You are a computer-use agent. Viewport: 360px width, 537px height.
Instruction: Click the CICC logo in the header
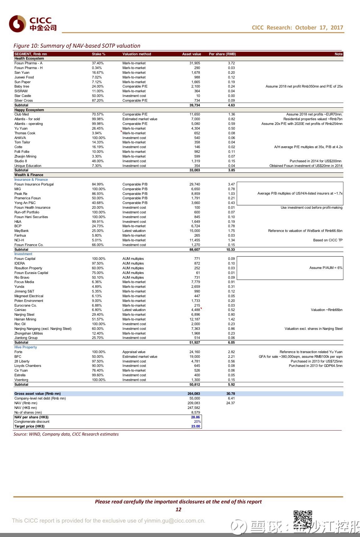tap(33, 24)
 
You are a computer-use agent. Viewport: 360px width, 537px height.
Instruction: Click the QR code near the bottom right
tap(303, 519)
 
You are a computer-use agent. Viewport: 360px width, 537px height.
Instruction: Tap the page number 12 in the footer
tap(178, 509)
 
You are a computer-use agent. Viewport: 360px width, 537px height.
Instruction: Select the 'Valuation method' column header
tap(137, 54)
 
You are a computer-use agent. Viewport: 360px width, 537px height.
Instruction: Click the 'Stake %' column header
tap(98, 54)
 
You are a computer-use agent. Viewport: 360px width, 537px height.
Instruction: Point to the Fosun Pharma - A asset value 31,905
tap(194, 63)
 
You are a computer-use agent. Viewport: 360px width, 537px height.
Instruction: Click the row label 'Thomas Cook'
tap(25, 133)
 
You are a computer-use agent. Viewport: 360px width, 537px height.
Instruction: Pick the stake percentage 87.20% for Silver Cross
tap(98, 100)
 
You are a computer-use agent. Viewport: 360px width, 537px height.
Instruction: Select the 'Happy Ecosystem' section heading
tap(29, 110)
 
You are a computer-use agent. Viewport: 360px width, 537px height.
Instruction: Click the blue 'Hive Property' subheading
tap(25, 347)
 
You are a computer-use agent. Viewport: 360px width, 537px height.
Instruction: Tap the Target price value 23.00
tap(195, 426)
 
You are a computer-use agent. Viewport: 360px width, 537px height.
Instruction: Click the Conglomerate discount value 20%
tap(197, 422)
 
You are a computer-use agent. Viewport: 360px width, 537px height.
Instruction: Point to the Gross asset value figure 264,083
tap(193, 394)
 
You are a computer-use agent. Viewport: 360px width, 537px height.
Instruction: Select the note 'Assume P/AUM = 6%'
tap(326, 268)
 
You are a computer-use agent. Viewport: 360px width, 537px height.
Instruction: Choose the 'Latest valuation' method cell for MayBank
tap(134, 231)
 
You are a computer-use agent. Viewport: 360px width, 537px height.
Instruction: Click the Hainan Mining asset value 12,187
tap(194, 319)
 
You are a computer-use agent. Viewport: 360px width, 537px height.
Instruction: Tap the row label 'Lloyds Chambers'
tap(28, 366)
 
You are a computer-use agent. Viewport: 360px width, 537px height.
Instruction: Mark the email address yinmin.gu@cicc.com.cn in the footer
tap(174, 521)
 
